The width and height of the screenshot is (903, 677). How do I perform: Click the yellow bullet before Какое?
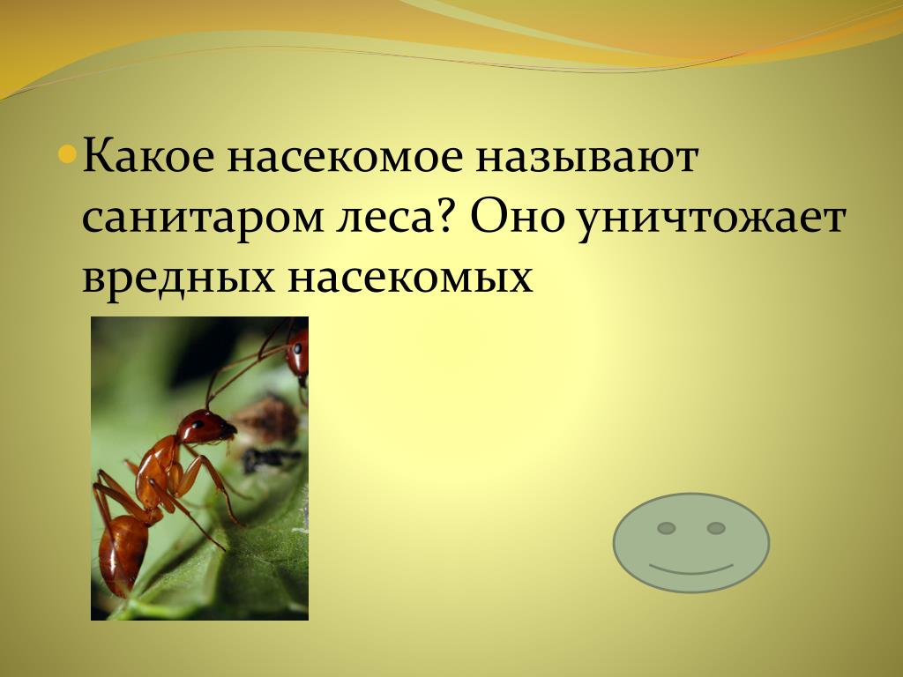click(x=67, y=153)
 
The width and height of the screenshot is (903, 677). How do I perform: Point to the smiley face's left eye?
click(x=667, y=528)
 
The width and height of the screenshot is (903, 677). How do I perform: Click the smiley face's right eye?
click(x=716, y=528)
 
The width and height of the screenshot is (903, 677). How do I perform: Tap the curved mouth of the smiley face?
click(x=691, y=570)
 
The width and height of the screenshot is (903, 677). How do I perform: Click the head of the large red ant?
click(x=205, y=428)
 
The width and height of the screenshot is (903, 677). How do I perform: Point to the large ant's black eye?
click(x=198, y=425)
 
